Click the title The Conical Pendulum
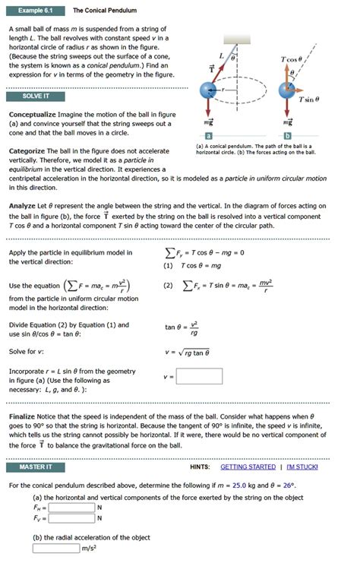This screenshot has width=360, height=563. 105,11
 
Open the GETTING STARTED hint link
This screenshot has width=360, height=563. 248,467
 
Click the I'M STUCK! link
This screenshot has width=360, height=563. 302,467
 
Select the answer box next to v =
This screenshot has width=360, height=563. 199,376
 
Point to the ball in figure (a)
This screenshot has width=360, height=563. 209,90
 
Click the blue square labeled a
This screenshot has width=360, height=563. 208,134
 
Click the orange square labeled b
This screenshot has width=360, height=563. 287,134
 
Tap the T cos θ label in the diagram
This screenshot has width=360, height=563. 291,59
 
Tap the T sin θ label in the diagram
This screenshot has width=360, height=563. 308,100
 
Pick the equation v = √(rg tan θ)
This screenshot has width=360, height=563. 187,353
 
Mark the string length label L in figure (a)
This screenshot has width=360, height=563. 221,55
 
